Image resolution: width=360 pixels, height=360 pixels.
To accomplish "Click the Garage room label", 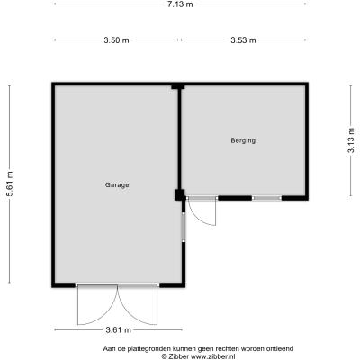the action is coord(117,185).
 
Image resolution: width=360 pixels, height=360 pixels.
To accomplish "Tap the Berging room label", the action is coord(243,140).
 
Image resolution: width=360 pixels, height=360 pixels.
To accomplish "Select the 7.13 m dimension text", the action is coord(180,4).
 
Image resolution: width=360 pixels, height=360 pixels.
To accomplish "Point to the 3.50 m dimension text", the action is coord(116,40).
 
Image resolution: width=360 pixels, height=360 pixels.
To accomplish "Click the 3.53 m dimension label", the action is coord(243,40).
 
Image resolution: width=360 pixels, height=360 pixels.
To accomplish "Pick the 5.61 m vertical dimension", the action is coord(10,184).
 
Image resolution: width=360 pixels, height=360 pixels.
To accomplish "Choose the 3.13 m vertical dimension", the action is coord(351,140).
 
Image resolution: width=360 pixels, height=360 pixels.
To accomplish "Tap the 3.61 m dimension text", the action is coord(119,330).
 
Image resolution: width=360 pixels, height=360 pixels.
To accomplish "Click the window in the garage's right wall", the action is coord(184,227).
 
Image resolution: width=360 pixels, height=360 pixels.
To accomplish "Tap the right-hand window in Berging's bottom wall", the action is coord(266,198).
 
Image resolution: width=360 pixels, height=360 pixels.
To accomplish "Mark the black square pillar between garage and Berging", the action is coord(180,195).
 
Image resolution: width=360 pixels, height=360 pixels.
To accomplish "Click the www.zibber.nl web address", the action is coord(213,356).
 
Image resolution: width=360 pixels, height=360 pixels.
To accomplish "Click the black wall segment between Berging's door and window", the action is coord(235,198).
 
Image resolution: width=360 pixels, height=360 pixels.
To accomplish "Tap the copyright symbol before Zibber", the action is coord(164,356).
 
